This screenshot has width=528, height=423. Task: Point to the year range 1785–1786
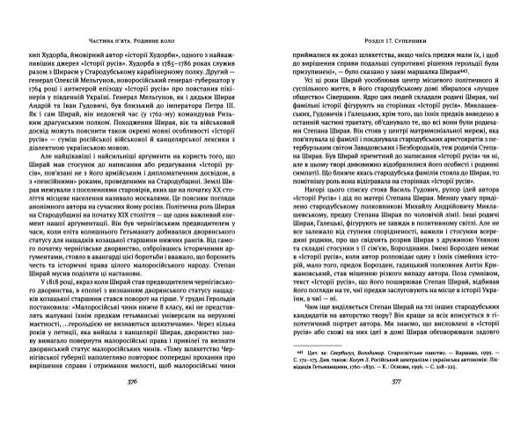136,63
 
